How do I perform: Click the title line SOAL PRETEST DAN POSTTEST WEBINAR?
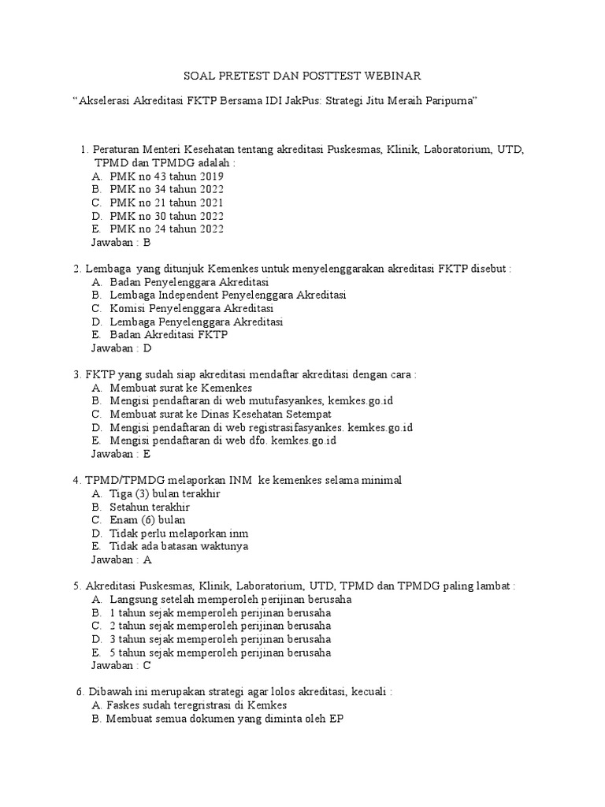302,76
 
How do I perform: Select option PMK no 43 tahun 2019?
167,176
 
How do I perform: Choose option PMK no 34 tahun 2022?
167,189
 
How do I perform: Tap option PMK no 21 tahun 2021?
167,203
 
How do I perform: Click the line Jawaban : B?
121,243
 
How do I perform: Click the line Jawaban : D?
121,348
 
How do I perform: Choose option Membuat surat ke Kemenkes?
180,388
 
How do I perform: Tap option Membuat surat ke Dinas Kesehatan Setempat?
221,414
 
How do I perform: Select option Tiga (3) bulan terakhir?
165,493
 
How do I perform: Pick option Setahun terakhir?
150,507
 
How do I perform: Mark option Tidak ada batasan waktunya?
179,546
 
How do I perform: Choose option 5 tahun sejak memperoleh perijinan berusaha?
221,653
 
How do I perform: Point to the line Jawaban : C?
121,665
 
